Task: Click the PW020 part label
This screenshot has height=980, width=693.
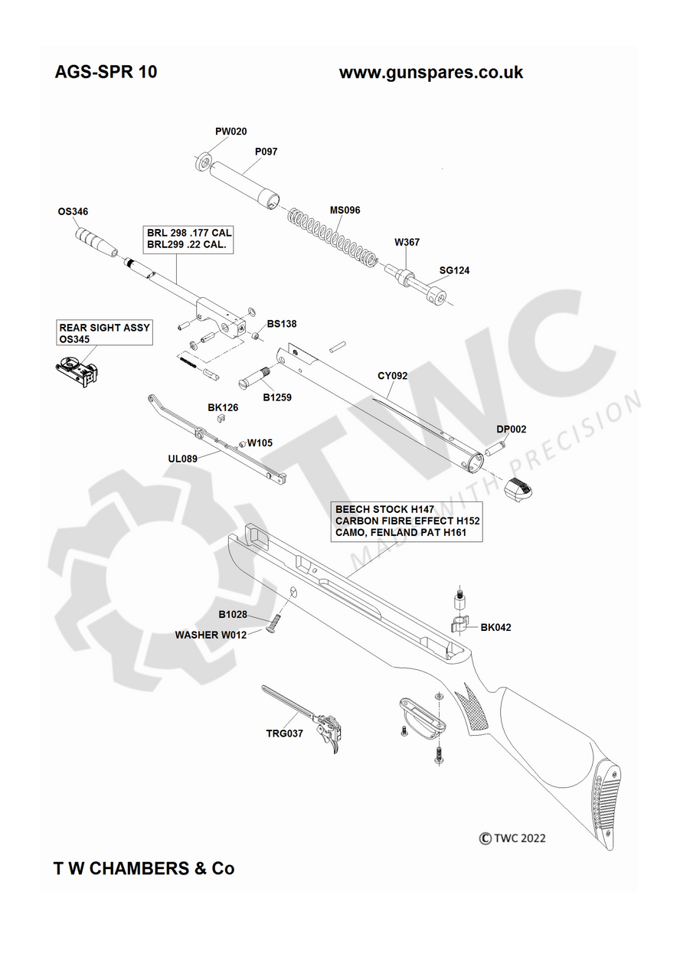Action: [230, 131]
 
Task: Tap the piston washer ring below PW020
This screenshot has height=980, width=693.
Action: [203, 163]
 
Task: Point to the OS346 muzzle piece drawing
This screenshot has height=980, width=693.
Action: [96, 241]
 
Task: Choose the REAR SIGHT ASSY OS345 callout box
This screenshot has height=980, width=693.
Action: [105, 333]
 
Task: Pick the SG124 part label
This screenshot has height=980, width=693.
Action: [454, 270]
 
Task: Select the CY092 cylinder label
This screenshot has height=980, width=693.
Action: [392, 375]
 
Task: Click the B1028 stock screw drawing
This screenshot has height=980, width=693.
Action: [272, 625]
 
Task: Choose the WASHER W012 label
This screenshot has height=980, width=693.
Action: [211, 635]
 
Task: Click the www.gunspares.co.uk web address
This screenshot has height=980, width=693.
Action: [431, 72]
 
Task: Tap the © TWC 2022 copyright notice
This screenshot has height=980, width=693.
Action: [512, 838]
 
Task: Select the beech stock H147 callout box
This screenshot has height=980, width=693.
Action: [407, 521]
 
